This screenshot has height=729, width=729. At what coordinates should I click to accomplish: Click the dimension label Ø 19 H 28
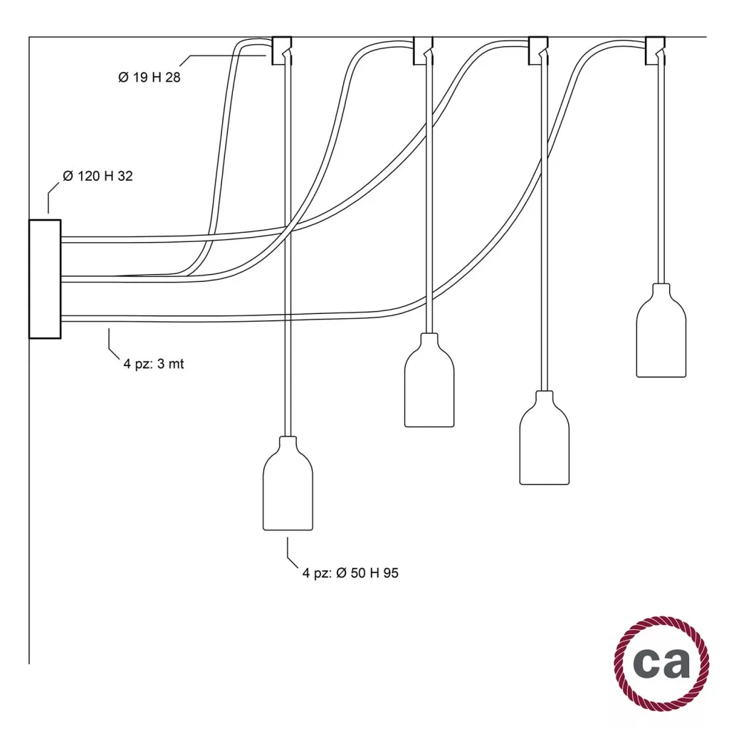[149, 78]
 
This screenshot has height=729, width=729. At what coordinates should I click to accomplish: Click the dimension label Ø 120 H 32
[98, 176]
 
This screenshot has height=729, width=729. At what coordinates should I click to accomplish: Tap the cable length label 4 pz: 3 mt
[154, 364]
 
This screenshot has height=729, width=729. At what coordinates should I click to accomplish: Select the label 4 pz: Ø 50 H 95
[350, 572]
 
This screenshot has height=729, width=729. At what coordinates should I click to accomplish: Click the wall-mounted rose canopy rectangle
[46, 278]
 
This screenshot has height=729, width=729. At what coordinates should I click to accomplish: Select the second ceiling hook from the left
[424, 51]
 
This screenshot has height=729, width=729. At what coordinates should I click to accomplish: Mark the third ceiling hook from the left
[538, 51]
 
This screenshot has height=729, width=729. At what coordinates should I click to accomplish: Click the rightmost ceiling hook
[654, 51]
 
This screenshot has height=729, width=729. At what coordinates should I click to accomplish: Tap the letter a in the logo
[676, 663]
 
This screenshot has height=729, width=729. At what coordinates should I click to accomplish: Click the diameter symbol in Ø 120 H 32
[68, 176]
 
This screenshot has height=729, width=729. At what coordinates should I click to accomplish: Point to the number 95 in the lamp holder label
[391, 572]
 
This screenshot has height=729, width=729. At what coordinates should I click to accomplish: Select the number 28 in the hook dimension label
[172, 78]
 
